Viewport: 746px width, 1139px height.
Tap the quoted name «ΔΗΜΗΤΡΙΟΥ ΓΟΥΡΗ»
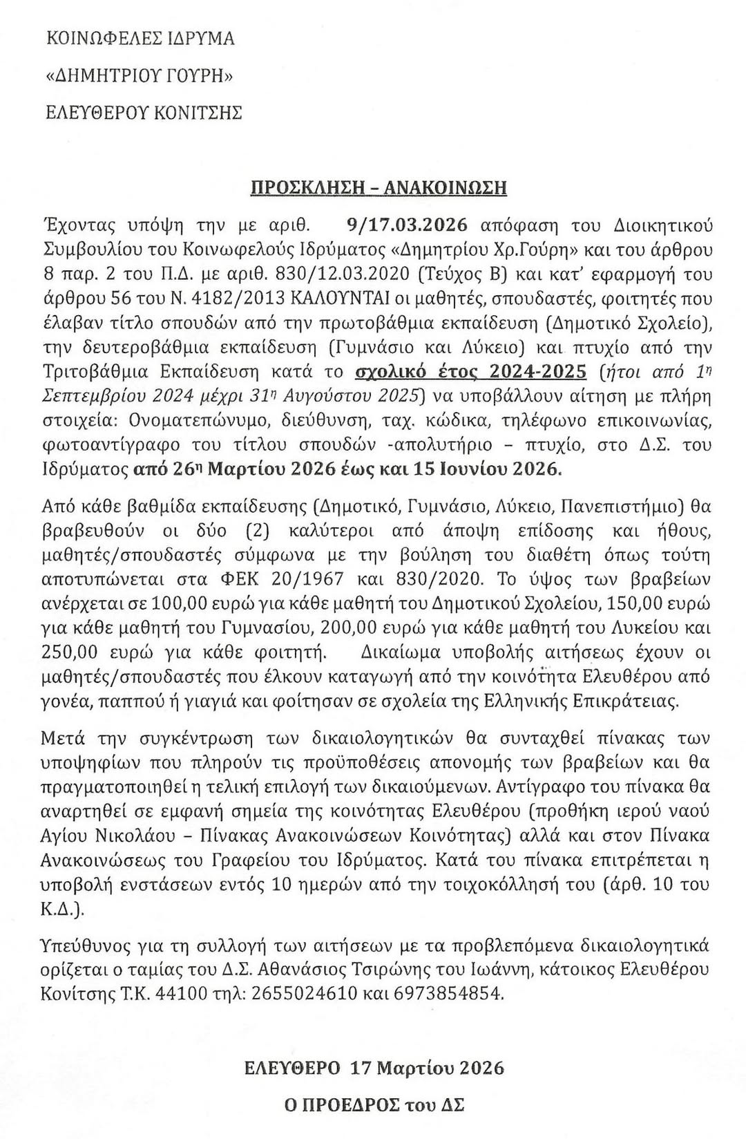coord(139,75)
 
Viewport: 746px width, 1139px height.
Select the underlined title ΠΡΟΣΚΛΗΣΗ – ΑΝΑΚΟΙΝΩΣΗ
coord(379,187)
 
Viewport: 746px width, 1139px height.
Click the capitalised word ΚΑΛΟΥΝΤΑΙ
coord(338,299)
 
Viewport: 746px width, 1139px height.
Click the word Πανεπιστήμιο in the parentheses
coord(620,507)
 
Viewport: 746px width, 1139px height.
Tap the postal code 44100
coord(181,994)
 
